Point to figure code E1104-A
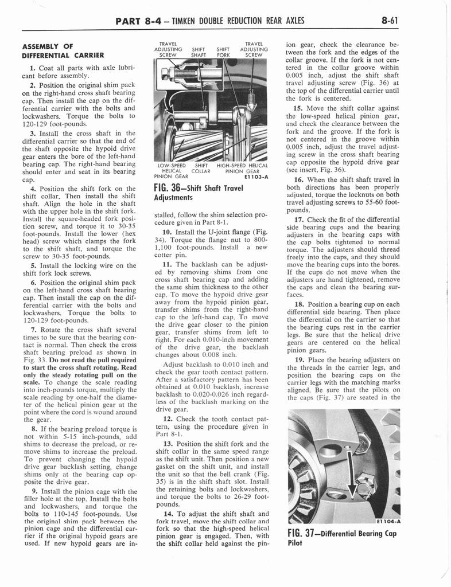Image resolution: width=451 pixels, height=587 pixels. coord(388,522)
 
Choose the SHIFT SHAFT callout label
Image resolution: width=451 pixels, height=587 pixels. coord(199,52)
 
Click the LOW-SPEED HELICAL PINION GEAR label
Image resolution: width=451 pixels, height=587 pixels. coord(172,171)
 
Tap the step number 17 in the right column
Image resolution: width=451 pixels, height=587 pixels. coord(298,219)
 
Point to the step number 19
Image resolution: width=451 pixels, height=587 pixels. coord(298,359)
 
